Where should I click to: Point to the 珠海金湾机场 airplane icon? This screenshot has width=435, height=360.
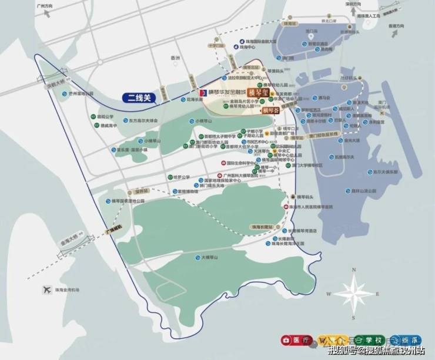coord(45,290)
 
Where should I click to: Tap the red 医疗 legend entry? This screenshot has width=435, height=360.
coord(297,339)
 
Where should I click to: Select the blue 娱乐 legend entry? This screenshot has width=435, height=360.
coord(405,339)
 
